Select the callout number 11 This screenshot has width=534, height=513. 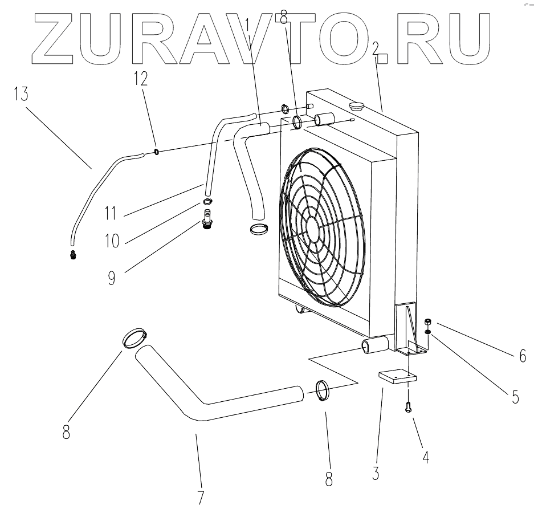click(x=111, y=214)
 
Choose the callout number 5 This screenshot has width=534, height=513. click(x=515, y=397)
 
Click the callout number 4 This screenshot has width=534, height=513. click(x=424, y=456)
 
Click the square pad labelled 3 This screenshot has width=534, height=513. click(x=397, y=377)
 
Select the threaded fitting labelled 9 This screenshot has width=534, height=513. click(x=206, y=219)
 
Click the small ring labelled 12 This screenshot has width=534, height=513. click(x=156, y=151)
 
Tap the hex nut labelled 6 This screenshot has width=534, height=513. click(x=427, y=323)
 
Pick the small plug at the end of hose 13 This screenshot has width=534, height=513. click(x=72, y=254)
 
